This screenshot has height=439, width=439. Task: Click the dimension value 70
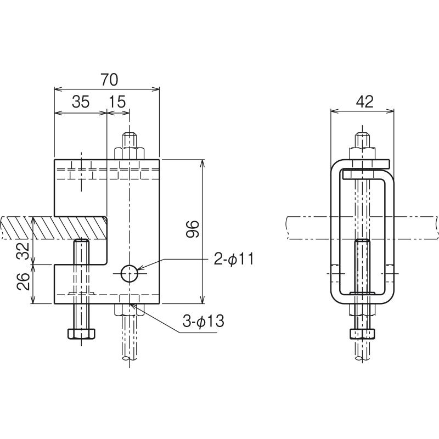(109, 80)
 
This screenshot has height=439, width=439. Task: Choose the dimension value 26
(23, 282)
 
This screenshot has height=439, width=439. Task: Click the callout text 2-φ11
(234, 258)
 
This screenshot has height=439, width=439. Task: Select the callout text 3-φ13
(203, 321)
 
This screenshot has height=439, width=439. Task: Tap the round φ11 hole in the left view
(130, 273)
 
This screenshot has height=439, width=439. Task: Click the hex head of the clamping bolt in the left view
(81, 334)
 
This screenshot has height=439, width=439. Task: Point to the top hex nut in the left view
(129, 154)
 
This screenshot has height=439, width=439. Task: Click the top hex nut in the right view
(362, 154)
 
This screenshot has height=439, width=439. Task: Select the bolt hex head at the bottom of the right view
(362, 334)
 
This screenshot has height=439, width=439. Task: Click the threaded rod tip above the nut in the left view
(129, 140)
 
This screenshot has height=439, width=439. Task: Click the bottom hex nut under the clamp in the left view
(129, 309)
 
